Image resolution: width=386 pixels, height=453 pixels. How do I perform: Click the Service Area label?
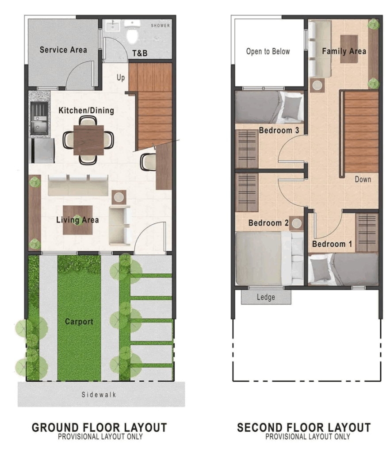point(63,50)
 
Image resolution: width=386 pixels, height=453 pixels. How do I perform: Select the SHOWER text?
point(160,25)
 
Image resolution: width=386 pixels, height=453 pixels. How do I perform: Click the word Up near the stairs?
point(121,77)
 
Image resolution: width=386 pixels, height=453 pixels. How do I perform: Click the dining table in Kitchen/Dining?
point(88,140)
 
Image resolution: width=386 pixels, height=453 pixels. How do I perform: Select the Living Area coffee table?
point(78,220)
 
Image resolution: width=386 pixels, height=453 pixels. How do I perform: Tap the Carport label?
point(79,322)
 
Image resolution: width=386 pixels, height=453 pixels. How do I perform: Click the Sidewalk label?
point(99,395)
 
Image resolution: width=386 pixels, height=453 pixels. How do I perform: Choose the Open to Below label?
point(268,51)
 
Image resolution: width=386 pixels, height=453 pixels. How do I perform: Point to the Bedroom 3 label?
point(279,131)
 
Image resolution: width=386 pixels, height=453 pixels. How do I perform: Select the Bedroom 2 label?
point(268,223)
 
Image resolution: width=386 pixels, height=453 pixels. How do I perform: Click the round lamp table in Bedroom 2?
point(297,223)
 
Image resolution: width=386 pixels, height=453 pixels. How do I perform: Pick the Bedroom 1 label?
point(332,244)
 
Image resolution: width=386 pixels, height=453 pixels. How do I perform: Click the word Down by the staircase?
point(363,180)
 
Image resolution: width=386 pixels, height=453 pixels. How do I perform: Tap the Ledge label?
point(266,297)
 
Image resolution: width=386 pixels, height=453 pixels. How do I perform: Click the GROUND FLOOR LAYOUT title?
point(99,427)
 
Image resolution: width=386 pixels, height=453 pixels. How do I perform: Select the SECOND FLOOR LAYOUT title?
point(304,427)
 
